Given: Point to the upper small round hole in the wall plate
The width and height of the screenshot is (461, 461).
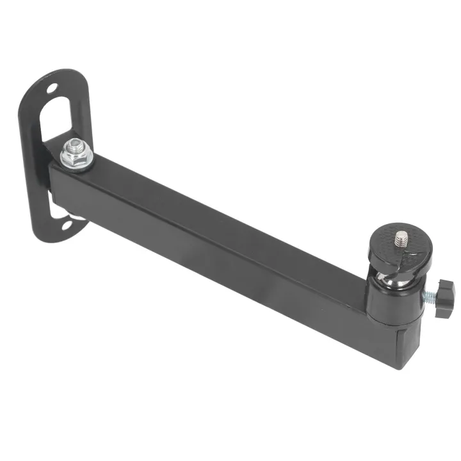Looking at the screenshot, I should (52, 88).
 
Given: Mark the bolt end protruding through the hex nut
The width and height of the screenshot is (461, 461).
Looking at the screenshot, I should (75, 144).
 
